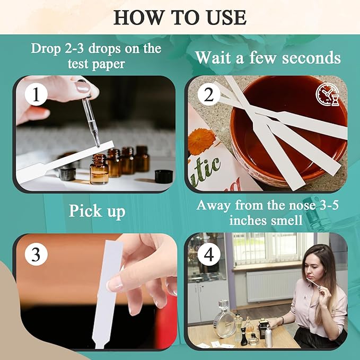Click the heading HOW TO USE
180,17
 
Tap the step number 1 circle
36,95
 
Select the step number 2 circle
208,95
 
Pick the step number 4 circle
208,254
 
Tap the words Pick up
96,211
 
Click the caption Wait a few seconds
268,57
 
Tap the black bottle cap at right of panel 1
163,176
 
